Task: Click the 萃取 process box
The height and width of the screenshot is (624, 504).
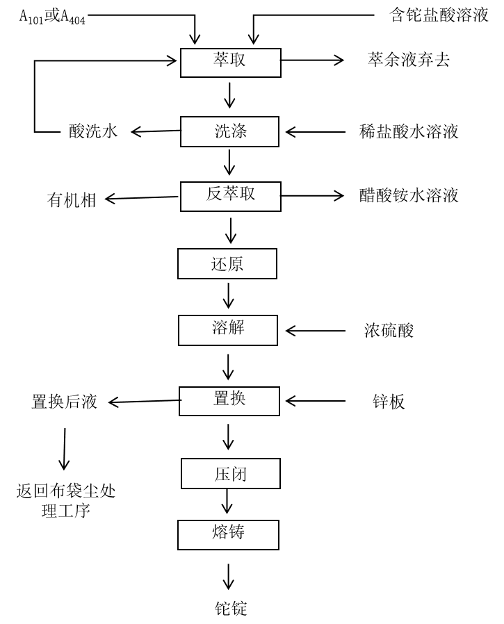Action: (x=229, y=62)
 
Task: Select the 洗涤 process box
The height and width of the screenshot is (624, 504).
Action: (x=229, y=131)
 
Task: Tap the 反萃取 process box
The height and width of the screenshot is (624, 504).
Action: (x=229, y=196)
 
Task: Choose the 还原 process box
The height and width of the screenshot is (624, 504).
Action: (x=228, y=265)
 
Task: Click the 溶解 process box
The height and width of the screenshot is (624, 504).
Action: (x=228, y=330)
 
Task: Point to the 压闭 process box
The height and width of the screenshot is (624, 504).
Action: (x=229, y=474)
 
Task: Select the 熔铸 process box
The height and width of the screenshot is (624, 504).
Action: (x=229, y=534)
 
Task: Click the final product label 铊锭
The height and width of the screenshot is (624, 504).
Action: (x=230, y=609)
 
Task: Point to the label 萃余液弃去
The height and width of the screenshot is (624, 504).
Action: (x=408, y=60)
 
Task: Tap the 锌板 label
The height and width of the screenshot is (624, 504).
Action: (x=389, y=401)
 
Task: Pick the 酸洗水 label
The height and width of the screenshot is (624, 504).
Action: (x=93, y=131)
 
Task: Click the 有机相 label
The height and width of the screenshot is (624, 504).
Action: (x=72, y=200)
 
